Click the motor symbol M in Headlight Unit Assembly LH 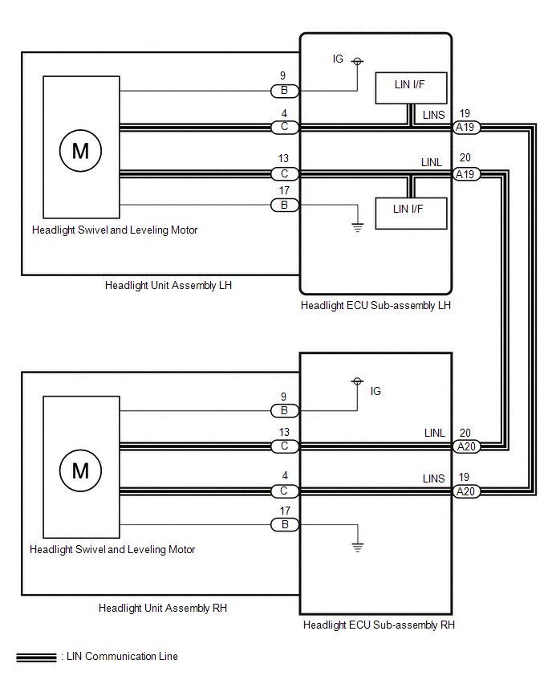click(x=81, y=150)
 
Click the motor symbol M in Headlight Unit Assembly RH click(x=81, y=470)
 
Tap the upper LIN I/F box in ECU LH click(x=411, y=88)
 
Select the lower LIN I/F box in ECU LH click(x=411, y=214)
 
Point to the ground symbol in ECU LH click(x=358, y=227)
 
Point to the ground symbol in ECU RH click(x=358, y=547)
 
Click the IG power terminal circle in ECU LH click(x=358, y=62)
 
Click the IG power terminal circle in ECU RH click(x=358, y=381)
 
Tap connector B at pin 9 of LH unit click(x=285, y=91)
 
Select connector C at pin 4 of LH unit click(x=285, y=127)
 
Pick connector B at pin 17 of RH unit click(x=285, y=524)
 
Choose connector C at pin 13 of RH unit click(x=285, y=446)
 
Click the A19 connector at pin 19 click(x=465, y=128)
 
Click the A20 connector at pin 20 click(x=465, y=446)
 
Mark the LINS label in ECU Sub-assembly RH click(x=434, y=478)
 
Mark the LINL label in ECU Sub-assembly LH click(x=432, y=162)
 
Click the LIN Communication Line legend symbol click(x=37, y=657)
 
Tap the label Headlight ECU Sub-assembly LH click(x=375, y=305)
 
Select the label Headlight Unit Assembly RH click(x=163, y=608)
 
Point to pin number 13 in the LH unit click(x=283, y=158)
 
